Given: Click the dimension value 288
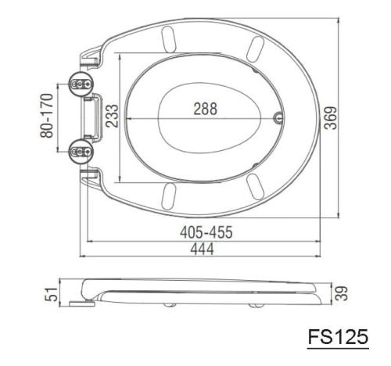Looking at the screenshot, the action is pyautogui.click(x=205, y=109).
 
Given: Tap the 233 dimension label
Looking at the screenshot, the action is pyautogui.click(x=112, y=116).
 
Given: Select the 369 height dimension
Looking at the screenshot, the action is pyautogui.click(x=331, y=118).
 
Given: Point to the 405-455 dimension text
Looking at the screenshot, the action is pyautogui.click(x=206, y=232).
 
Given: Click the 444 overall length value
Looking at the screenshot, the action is pyautogui.click(x=202, y=249).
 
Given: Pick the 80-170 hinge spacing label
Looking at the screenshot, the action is pyautogui.click(x=47, y=116).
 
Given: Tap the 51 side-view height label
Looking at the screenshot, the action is pyautogui.click(x=51, y=294).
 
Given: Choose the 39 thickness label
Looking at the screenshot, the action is pyautogui.click(x=341, y=293).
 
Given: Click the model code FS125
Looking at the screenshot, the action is pyautogui.click(x=338, y=336).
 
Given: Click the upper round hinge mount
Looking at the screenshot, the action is pyautogui.click(x=81, y=84).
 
